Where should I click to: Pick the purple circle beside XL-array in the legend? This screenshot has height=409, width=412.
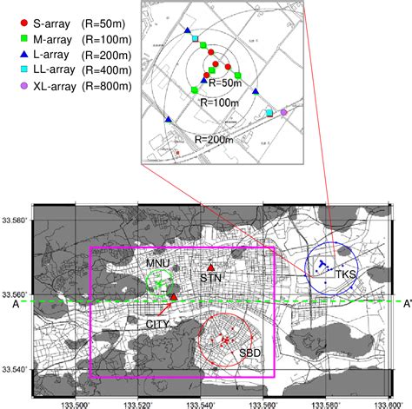tap(10, 86)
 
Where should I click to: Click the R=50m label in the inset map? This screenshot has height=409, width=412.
tap(223, 82)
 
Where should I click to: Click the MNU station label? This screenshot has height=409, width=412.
tap(158, 261)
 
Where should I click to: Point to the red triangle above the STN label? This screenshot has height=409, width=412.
tap(209, 267)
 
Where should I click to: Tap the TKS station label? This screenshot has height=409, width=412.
tap(346, 275)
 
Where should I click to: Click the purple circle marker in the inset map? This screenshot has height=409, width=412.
tap(284, 112)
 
